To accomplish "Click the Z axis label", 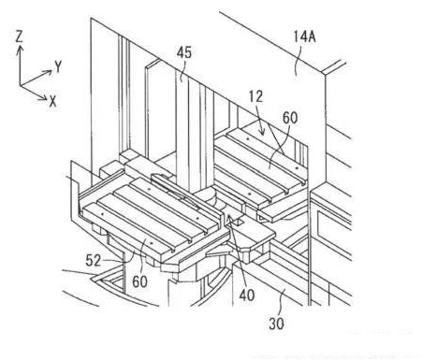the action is point(20,36).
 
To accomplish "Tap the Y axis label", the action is point(58,66).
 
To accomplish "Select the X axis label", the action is point(52,101).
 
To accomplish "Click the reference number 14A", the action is point(304,36).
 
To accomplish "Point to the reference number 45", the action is point(184,52).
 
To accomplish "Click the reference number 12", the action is point(255,96).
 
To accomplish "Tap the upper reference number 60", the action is point(290,118).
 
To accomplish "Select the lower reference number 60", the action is point(139,281).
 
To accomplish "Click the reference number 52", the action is point(94,260).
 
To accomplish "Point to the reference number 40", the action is point(247,295).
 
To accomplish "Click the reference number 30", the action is point(276,324).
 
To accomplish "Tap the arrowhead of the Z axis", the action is point(20,50).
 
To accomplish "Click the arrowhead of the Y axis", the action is point(48,73).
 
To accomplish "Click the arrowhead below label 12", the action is point(262,132).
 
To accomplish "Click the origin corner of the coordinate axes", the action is point(20,85).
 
